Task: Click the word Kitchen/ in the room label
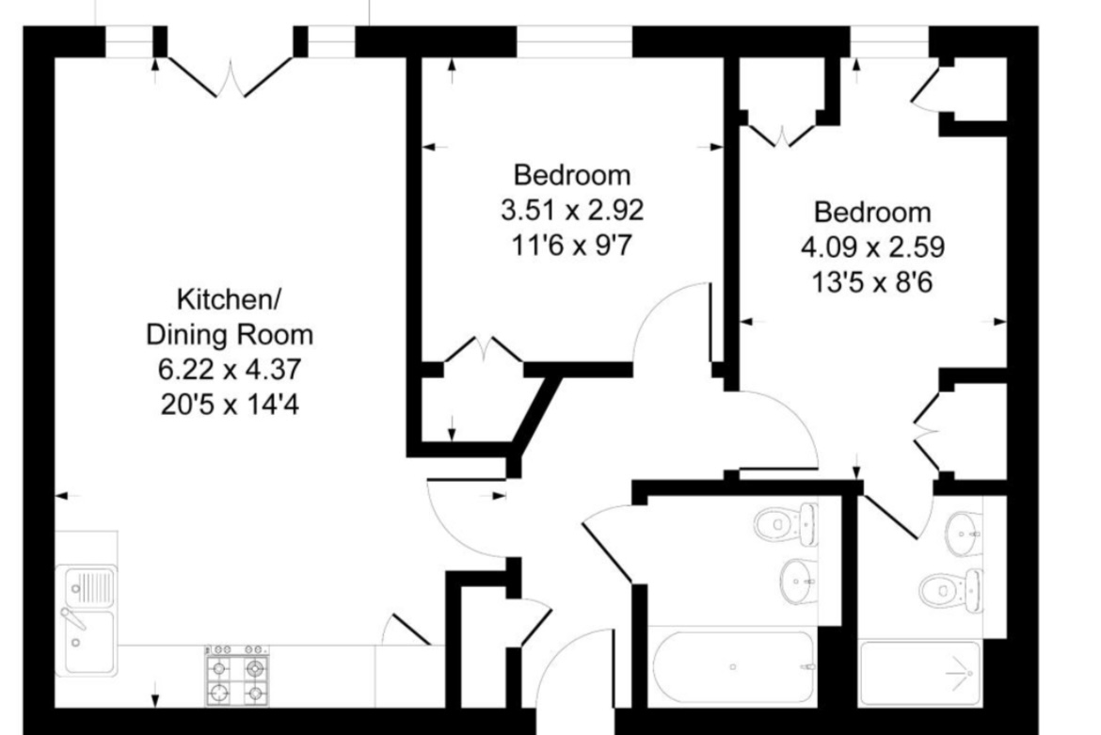click(x=229, y=300)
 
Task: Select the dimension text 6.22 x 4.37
click(x=230, y=369)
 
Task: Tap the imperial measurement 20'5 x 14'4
click(x=230, y=405)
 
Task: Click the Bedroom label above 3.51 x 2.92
click(x=571, y=175)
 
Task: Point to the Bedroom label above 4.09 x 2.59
click(x=872, y=212)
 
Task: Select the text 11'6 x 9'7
click(x=571, y=246)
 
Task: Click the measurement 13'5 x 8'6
click(x=872, y=283)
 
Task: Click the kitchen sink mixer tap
click(x=72, y=617)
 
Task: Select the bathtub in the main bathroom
click(x=734, y=667)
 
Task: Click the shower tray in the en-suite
click(x=919, y=673)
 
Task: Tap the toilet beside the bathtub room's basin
click(x=787, y=523)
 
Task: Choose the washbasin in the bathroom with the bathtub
click(x=798, y=582)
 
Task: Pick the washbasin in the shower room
click(x=964, y=534)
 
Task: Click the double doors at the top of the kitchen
click(x=231, y=76)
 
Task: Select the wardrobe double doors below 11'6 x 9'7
click(x=484, y=349)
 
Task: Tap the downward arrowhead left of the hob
click(x=155, y=700)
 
